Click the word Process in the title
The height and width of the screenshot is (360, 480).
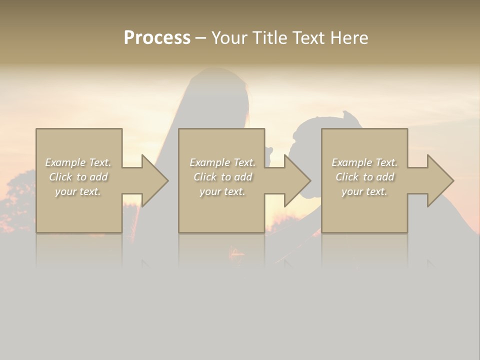click(x=157, y=38)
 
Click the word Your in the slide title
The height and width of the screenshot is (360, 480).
click(x=228, y=38)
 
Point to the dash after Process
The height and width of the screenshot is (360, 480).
click(x=200, y=38)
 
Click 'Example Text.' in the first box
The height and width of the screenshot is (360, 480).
click(x=78, y=162)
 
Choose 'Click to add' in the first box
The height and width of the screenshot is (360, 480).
click(x=78, y=177)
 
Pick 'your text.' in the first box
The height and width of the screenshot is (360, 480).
click(x=78, y=191)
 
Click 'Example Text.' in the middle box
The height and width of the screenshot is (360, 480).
click(x=222, y=162)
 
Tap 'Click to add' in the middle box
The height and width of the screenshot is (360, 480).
click(x=222, y=177)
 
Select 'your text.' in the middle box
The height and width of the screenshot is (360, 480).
click(x=222, y=191)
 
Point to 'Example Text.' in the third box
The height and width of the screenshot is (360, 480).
click(x=364, y=162)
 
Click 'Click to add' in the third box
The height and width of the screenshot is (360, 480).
click(x=364, y=177)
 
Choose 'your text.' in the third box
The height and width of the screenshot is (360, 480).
click(x=364, y=191)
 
